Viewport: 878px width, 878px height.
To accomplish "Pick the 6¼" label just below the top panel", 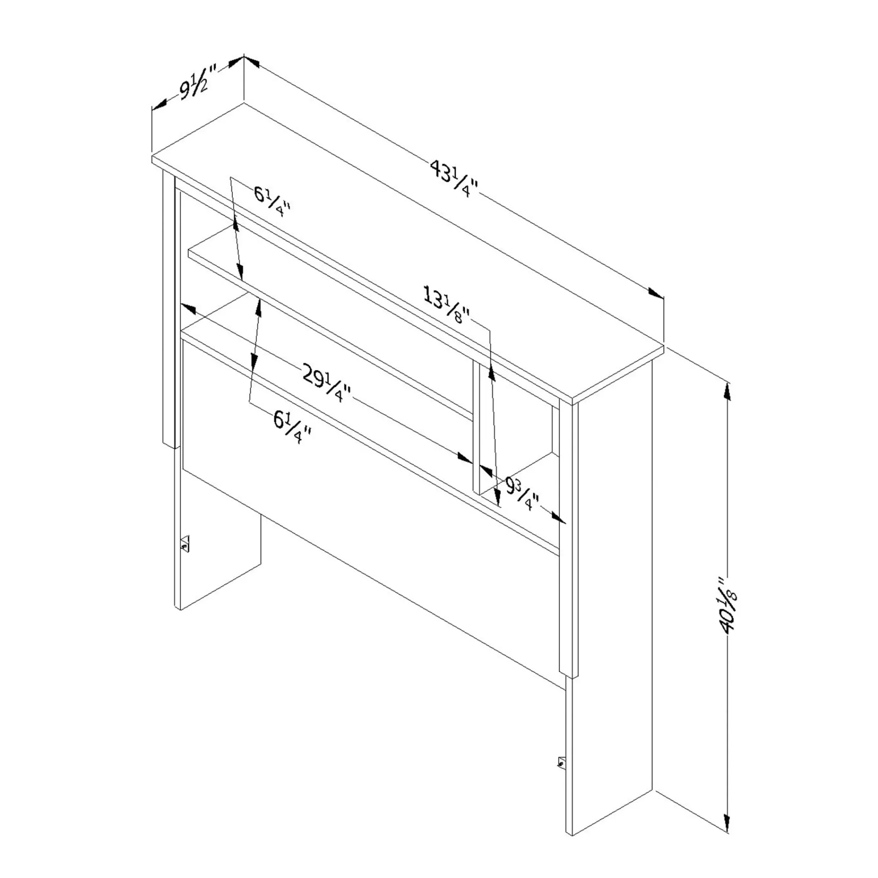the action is tap(272, 202).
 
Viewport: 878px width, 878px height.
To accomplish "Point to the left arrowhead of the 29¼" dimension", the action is tap(188, 309).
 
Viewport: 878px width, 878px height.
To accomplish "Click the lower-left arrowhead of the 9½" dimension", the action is tap(159, 105).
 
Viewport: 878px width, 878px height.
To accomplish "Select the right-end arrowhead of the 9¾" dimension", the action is tap(559, 518).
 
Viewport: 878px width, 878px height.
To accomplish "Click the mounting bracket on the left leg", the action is tap(184, 543).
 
